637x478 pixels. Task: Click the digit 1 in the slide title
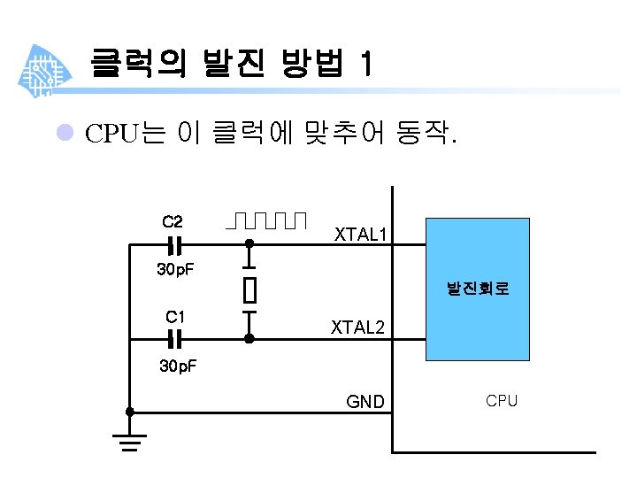point(366,64)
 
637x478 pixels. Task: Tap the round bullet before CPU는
point(64,134)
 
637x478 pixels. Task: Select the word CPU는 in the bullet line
point(125,135)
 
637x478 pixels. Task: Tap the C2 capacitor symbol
point(175,243)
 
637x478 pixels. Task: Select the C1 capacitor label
point(175,316)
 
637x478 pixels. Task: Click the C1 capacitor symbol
point(175,338)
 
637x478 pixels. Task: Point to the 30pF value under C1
point(177,366)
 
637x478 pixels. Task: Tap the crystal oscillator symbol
point(249,289)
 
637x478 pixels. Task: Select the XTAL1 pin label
point(360,234)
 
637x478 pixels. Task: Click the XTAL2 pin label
point(358,328)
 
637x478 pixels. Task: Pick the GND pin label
point(365,402)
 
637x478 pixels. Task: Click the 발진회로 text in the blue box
point(478,289)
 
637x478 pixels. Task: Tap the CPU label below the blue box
point(502,401)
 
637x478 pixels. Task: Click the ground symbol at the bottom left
point(130,440)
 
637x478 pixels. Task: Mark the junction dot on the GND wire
point(130,412)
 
